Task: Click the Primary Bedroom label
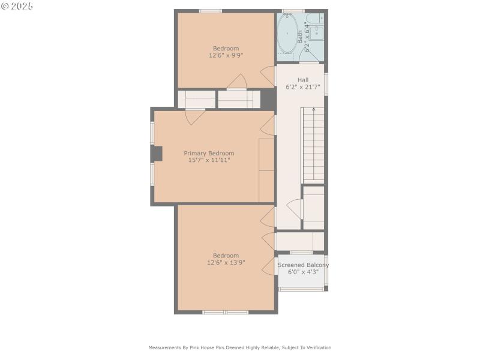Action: [x=209, y=153]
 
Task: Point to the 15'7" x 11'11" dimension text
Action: [x=209, y=160]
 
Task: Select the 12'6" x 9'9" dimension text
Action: [x=226, y=55]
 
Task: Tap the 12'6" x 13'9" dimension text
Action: [x=226, y=262]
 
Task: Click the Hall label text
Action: [x=303, y=80]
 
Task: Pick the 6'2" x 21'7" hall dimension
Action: [x=303, y=87]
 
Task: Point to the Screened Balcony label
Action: [x=303, y=265]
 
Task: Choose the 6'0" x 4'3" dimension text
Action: [x=303, y=272]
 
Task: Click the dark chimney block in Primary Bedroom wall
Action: [x=156, y=154]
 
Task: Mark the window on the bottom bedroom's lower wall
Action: [x=225, y=312]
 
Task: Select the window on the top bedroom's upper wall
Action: [x=211, y=11]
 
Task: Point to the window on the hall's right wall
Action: [x=326, y=84]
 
